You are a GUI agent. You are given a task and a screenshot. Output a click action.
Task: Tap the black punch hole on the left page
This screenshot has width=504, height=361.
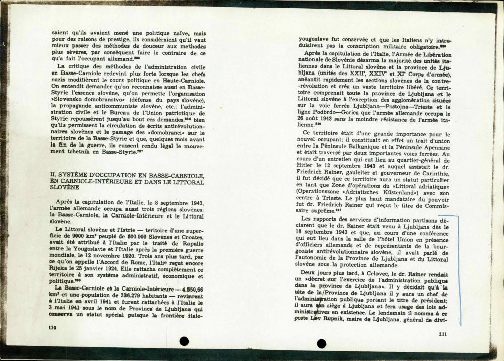184,341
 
